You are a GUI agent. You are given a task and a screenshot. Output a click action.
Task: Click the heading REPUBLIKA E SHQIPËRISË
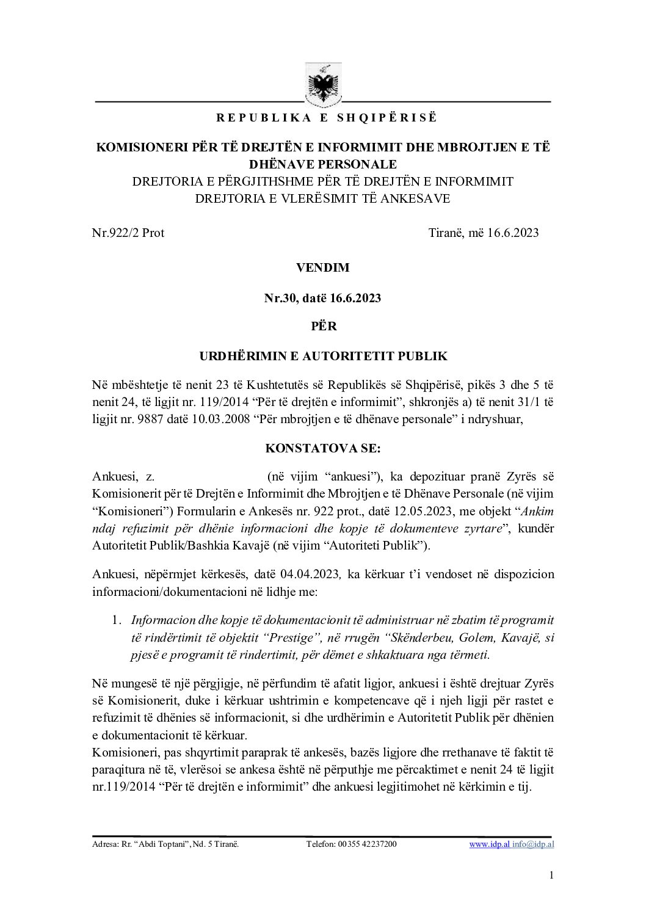click(323, 118)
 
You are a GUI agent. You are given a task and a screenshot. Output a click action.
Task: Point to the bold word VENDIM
click(323, 267)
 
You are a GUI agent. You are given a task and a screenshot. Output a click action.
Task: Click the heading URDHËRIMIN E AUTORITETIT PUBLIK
click(323, 356)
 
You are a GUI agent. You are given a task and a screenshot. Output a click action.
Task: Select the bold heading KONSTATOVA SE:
click(323, 448)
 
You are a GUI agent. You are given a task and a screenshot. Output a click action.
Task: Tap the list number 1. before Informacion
click(116, 620)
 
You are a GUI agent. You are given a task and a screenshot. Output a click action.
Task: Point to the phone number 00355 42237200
click(366, 845)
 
